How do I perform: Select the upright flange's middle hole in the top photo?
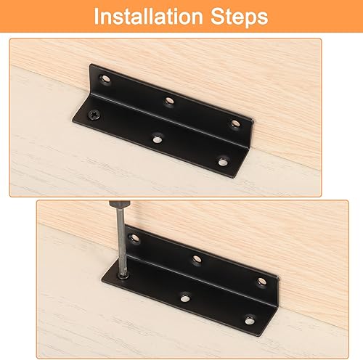point(169,101)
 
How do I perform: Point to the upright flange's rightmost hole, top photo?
point(234,124)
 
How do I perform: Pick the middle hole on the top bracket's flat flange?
point(158,135)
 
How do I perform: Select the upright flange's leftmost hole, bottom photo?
point(134,237)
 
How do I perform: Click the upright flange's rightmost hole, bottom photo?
point(261,282)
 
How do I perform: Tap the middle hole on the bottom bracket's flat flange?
point(186,295)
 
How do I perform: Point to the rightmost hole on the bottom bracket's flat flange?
point(249,319)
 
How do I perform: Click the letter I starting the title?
point(97,17)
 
